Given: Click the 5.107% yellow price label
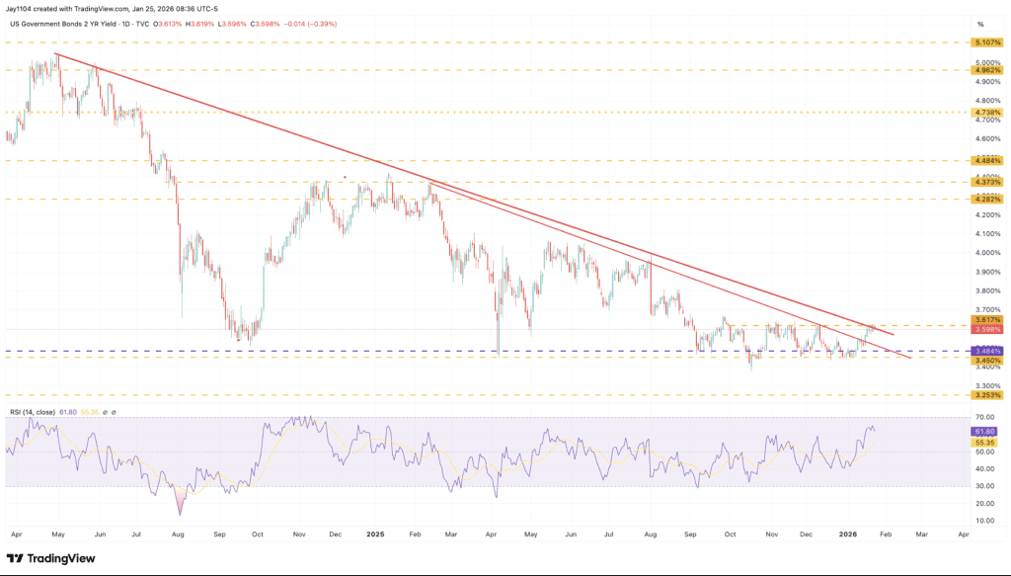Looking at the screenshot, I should point(988,43).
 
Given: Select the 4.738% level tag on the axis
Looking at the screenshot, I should point(988,113).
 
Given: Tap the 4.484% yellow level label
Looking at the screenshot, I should point(988,159).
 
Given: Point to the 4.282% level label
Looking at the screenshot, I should point(988,199).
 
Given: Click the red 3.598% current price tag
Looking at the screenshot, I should point(988,329).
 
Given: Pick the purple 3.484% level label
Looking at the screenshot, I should point(988,351).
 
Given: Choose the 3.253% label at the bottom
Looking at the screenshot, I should point(988,394).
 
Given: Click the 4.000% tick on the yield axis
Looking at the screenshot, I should point(986,253).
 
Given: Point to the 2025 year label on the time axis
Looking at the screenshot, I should point(375,534).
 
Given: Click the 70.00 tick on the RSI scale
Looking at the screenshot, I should point(985,417).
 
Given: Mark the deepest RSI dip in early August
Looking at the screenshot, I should point(180,514).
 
